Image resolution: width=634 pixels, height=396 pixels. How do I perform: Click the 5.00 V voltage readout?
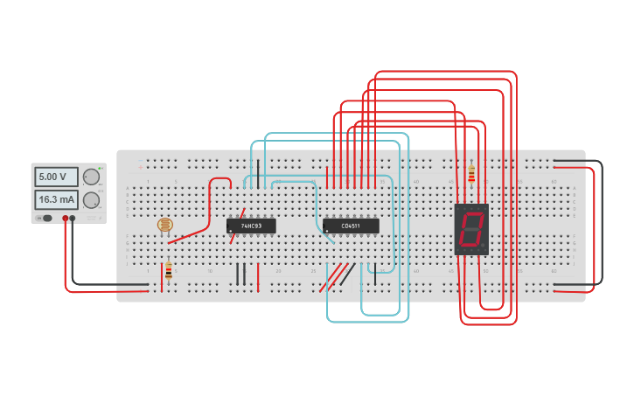56,177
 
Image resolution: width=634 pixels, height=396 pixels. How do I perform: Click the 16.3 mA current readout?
56,199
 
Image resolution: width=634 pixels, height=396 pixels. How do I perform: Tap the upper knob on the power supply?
91,177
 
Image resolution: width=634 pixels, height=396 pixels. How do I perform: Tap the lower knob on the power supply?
91,200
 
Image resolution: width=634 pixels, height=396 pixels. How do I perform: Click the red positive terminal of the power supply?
65,218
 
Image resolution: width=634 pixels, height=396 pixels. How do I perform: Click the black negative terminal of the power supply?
73,218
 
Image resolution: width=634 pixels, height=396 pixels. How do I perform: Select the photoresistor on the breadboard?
165,226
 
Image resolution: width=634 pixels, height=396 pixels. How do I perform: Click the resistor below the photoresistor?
168,270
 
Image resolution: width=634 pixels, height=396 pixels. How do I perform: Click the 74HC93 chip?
251,226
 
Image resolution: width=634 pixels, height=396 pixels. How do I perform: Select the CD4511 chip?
351,226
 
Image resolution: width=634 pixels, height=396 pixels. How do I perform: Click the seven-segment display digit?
470,229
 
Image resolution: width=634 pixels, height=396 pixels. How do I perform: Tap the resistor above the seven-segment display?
472,175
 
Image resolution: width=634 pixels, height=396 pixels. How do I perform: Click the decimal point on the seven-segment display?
483,247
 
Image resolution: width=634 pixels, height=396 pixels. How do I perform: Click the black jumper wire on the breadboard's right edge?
601,223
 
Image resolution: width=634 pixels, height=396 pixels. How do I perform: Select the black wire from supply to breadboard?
105,284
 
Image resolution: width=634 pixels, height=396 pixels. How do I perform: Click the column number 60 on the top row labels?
554,182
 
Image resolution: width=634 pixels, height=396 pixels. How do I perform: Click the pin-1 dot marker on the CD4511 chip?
327,232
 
